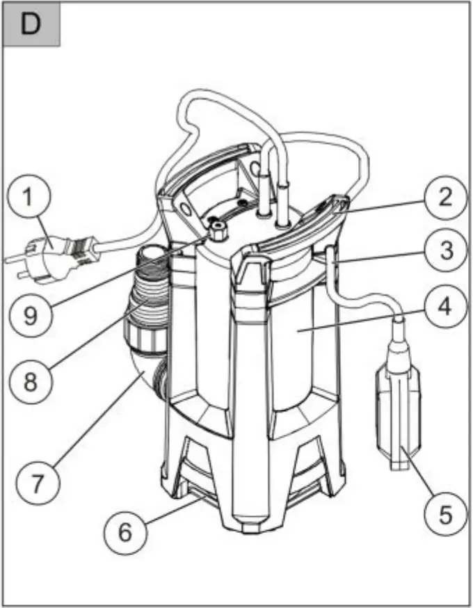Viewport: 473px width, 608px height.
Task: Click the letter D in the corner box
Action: [x=31, y=24]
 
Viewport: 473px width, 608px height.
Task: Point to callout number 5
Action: [x=442, y=515]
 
